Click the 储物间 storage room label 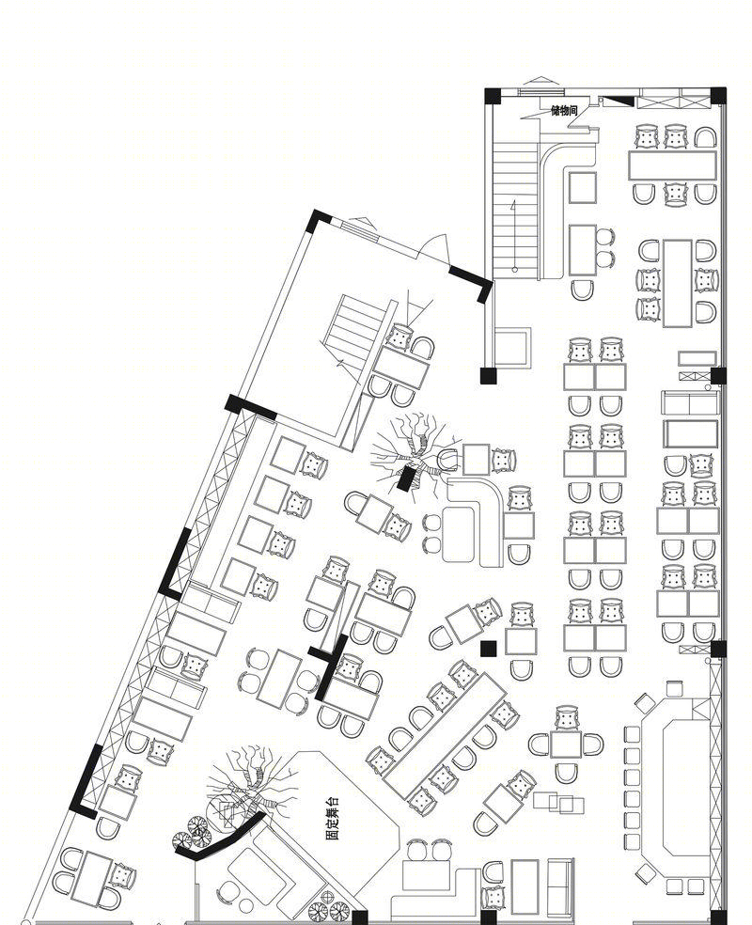point(564,110)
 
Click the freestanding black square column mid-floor point(489,649)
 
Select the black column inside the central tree point(405,478)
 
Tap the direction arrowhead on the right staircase point(514,205)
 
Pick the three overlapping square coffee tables point(558,802)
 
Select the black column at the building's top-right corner point(718,96)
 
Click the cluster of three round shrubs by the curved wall point(193,830)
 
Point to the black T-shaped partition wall point(329,666)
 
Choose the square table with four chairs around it point(566,744)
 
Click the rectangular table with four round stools point(279,680)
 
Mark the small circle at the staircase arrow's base point(515,270)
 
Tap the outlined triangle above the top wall point(540,82)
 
